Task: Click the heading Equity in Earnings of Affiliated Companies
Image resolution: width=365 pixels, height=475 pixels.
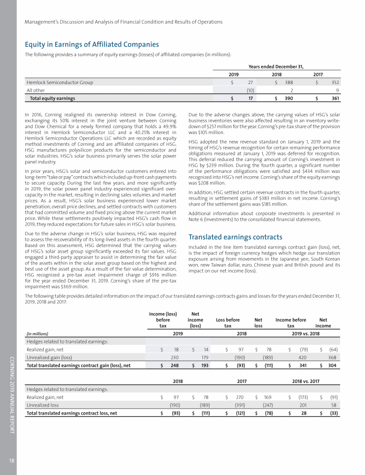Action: tap(92, 45)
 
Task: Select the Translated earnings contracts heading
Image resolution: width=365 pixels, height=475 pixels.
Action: tap(236, 237)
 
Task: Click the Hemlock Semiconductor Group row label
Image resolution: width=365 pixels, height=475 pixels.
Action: tap(59, 82)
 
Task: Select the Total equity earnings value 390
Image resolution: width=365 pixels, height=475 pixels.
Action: tap(288, 99)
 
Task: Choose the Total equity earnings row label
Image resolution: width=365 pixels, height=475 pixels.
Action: tap(52, 99)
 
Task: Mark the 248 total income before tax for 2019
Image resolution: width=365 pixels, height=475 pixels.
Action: tap(175, 365)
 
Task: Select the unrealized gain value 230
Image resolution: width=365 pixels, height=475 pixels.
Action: tap(175, 357)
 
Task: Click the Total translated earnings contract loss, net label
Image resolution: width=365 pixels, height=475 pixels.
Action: tap(72, 413)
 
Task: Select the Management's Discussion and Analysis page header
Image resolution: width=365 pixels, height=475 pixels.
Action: tap(124, 21)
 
